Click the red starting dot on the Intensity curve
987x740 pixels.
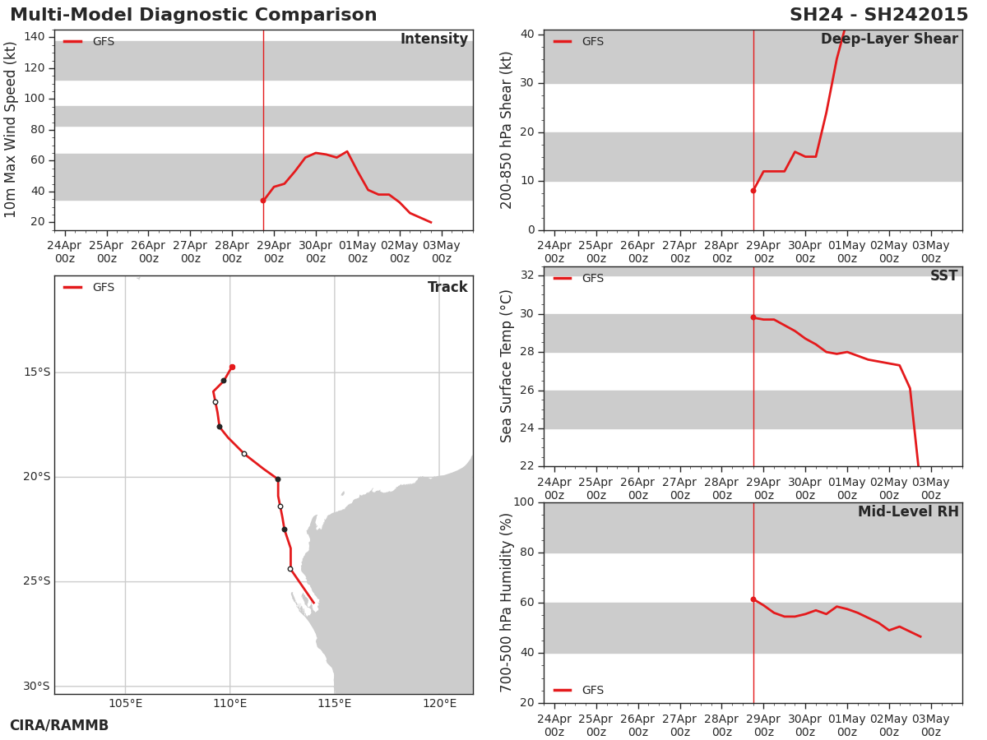pyautogui.click(x=263, y=201)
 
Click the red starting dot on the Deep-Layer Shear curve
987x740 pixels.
pyautogui.click(x=753, y=191)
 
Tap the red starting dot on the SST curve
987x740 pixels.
pyautogui.click(x=753, y=317)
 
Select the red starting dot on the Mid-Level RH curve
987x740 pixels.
pyautogui.click(x=753, y=599)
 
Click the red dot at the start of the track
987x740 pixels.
pyautogui.click(x=233, y=367)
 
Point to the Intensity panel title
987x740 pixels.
pyautogui.click(x=434, y=39)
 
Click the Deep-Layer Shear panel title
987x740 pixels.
pyautogui.click(x=889, y=39)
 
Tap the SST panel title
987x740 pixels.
pyautogui.click(x=944, y=275)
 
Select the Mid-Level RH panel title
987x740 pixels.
pyautogui.click(x=908, y=511)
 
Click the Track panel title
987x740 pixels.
pyautogui.click(x=447, y=287)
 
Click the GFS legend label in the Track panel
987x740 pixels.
pyautogui.click(x=104, y=287)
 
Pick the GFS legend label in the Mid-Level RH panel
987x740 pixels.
pyautogui.click(x=593, y=690)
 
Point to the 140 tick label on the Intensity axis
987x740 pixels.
pyautogui.click(x=35, y=36)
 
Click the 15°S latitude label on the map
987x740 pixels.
pyautogui.click(x=37, y=372)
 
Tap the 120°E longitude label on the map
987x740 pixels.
pyautogui.click(x=439, y=703)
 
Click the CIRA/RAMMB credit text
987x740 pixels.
pyautogui.click(x=59, y=725)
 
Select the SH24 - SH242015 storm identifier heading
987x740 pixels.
pyautogui.click(x=878, y=15)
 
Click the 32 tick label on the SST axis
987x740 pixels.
pyautogui.click(x=527, y=275)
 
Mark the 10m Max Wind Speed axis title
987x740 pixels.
pyautogui.click(x=9, y=130)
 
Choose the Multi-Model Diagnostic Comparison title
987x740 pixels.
pyautogui.click(x=193, y=15)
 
